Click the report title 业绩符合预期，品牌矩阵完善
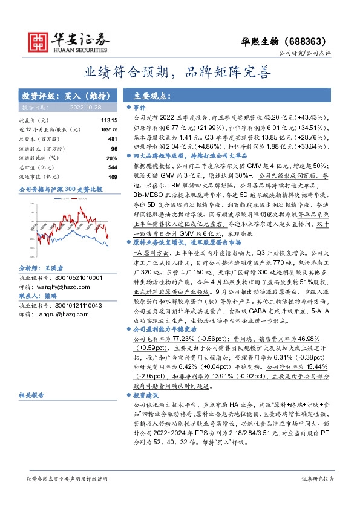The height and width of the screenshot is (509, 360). [x=179, y=73]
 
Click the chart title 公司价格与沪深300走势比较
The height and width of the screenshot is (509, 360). [x=61, y=189]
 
